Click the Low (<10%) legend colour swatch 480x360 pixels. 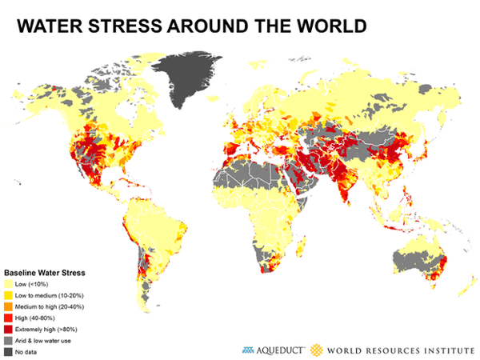tap(10, 284)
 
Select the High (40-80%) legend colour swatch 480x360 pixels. tap(10, 318)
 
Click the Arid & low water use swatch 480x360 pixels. tap(10, 340)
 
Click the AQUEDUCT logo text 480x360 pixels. tap(277, 349)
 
